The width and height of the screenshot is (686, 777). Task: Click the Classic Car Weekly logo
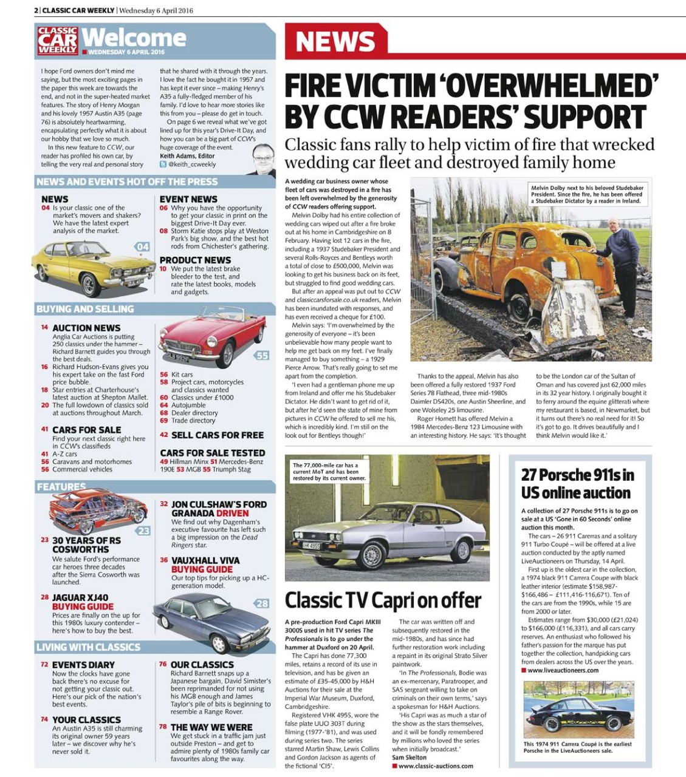[x=58, y=41]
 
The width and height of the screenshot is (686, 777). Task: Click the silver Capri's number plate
[x=311, y=546]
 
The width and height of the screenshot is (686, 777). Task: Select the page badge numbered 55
[x=261, y=356]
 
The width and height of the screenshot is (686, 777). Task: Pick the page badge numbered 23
[x=143, y=531]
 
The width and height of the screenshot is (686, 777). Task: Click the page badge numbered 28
[x=262, y=603]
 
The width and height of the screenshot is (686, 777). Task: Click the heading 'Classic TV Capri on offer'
[x=383, y=601]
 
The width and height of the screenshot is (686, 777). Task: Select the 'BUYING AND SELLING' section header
[x=85, y=309]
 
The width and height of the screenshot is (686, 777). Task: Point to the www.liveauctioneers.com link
[x=563, y=670]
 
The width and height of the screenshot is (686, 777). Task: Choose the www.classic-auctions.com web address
[x=436, y=766]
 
